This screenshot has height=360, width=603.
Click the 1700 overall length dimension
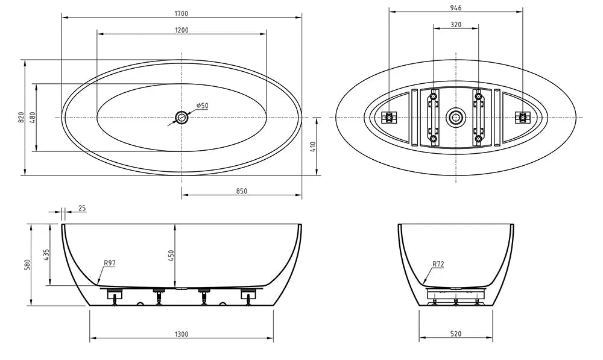click(182, 14)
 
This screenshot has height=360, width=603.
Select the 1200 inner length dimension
click(182, 30)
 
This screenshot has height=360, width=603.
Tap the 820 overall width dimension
click(21, 118)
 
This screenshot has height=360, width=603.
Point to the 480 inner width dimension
click(33, 118)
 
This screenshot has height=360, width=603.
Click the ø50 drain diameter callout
click(202, 106)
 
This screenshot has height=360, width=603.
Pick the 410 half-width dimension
click(312, 147)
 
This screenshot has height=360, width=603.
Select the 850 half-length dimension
click(242, 191)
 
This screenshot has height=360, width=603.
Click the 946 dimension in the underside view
click(455, 8)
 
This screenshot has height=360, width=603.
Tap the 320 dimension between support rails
click(456, 25)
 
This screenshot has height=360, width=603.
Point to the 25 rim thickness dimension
click(82, 209)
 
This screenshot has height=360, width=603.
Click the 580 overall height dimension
click(27, 265)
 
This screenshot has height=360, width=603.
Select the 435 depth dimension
click(46, 255)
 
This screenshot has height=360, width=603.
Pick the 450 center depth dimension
click(171, 255)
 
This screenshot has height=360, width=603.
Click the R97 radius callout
click(110, 263)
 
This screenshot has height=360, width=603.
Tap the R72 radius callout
click(438, 264)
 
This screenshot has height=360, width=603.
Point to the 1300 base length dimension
click(182, 334)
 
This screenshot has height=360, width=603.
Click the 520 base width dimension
click(456, 334)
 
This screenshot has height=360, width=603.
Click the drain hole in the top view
click(182, 117)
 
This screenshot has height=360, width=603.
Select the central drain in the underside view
click(456, 117)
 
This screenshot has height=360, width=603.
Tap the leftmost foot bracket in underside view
click(389, 117)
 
